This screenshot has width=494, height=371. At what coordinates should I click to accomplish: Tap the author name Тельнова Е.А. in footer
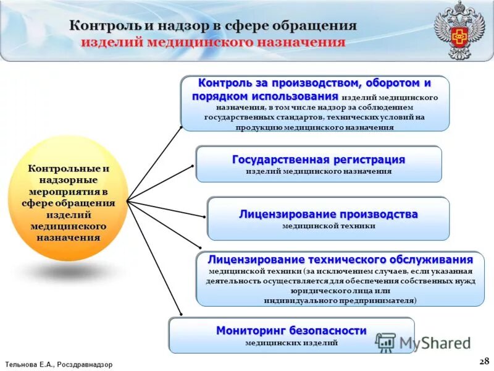pyautogui.click(x=28, y=365)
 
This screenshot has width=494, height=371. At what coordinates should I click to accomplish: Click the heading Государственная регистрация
pyautogui.click(x=319, y=160)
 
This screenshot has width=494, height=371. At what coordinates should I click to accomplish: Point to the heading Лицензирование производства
pyautogui.click(x=329, y=214)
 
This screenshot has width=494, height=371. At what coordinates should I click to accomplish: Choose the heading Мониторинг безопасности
pyautogui.click(x=291, y=330)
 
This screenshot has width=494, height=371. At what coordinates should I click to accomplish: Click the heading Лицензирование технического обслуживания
pyautogui.click(x=341, y=259)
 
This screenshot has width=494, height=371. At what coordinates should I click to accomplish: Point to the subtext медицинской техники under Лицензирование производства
pyautogui.click(x=329, y=226)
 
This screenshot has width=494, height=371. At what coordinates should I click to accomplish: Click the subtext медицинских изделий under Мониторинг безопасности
pyautogui.click(x=291, y=343)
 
